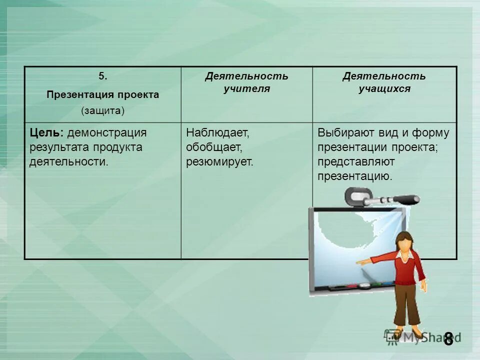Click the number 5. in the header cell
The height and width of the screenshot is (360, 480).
pos(102,76)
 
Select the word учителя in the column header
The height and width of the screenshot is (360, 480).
pos(246,89)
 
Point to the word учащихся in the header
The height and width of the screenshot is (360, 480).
pos(384,89)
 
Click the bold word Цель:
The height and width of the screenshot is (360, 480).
pos(46,133)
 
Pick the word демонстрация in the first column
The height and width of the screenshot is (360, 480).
pos(107,133)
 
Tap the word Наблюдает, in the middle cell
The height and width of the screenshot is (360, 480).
pos(217,133)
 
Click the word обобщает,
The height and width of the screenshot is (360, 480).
pos(214,147)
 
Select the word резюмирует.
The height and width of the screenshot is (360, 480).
pos(220,162)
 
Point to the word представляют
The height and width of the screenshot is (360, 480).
pos(356,162)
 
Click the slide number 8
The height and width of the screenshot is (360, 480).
pos(448,338)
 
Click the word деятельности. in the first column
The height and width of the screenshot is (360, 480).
pos(68,162)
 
